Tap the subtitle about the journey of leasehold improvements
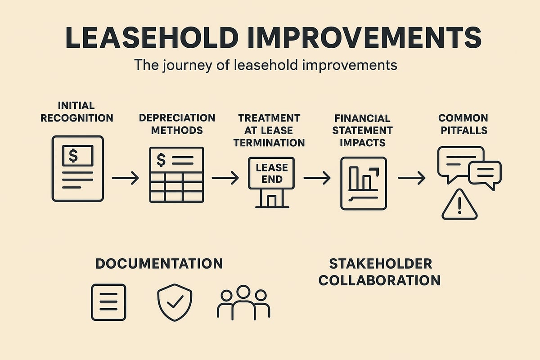coord(265,65)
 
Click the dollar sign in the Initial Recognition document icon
coord(73,156)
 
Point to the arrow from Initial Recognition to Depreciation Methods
coord(125,179)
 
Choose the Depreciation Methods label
coord(177,124)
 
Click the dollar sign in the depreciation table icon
coord(161,160)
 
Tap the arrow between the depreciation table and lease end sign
coord(225,179)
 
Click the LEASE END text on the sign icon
coord(272,173)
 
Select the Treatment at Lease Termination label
coord(271,130)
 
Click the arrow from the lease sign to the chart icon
coord(317,179)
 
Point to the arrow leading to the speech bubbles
coord(411,179)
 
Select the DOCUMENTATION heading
coord(159,264)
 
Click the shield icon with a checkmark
coord(175,303)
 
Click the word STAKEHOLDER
coord(381,264)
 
